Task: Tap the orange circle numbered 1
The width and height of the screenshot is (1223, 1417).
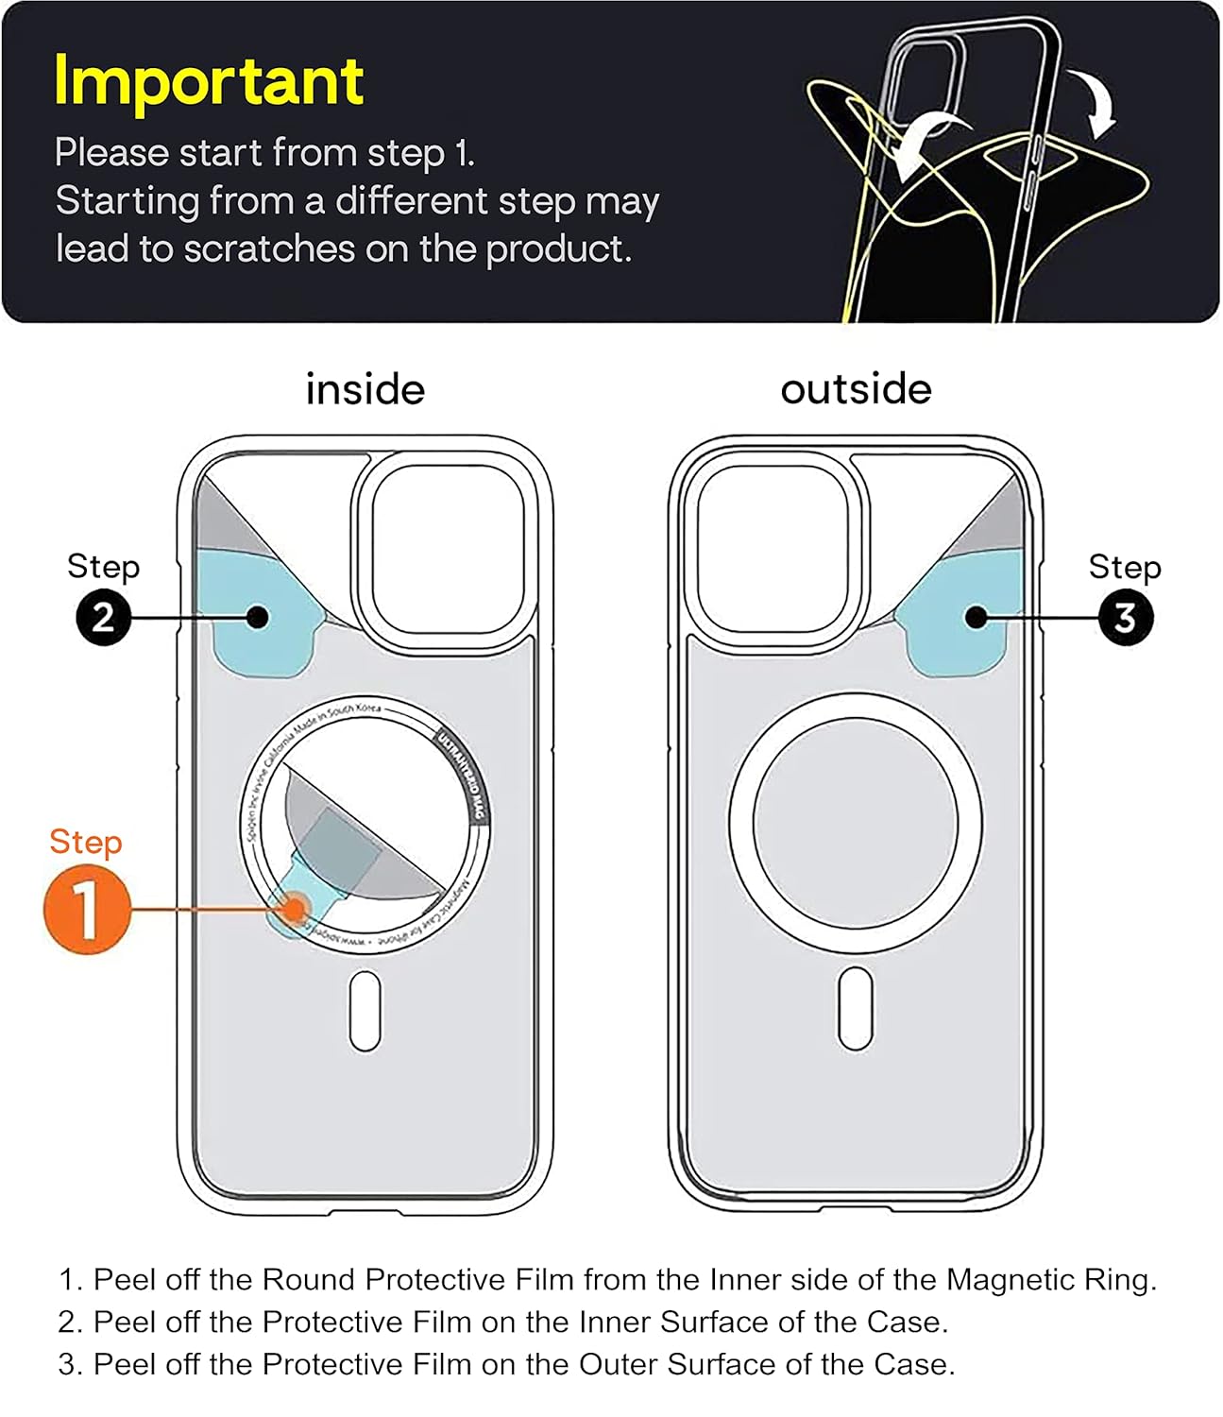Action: pos(86,910)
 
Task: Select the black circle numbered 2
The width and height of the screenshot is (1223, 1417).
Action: pos(103,618)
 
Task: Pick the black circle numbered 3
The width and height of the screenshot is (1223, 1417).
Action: pos(1125,618)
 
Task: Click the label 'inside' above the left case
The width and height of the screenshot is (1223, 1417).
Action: pos(365,389)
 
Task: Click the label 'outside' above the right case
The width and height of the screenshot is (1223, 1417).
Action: pos(856,389)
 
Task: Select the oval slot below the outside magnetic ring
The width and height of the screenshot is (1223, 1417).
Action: pos(856,1010)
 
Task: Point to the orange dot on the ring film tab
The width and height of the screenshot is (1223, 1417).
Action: pos(296,910)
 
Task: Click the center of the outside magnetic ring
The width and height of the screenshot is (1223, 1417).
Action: pos(856,823)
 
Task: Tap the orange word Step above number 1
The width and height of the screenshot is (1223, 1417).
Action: pos(85,842)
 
